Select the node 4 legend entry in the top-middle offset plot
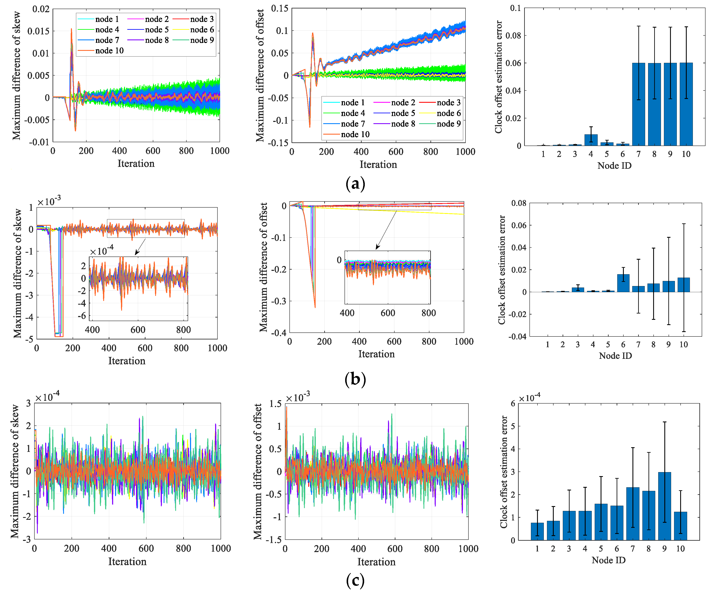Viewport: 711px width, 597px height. [352, 113]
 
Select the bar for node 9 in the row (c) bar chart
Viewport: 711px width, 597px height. [664, 506]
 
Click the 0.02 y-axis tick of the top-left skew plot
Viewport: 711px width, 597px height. [41, 9]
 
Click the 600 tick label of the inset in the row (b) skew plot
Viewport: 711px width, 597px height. [137, 330]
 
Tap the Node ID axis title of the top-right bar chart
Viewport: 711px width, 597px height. [614, 166]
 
